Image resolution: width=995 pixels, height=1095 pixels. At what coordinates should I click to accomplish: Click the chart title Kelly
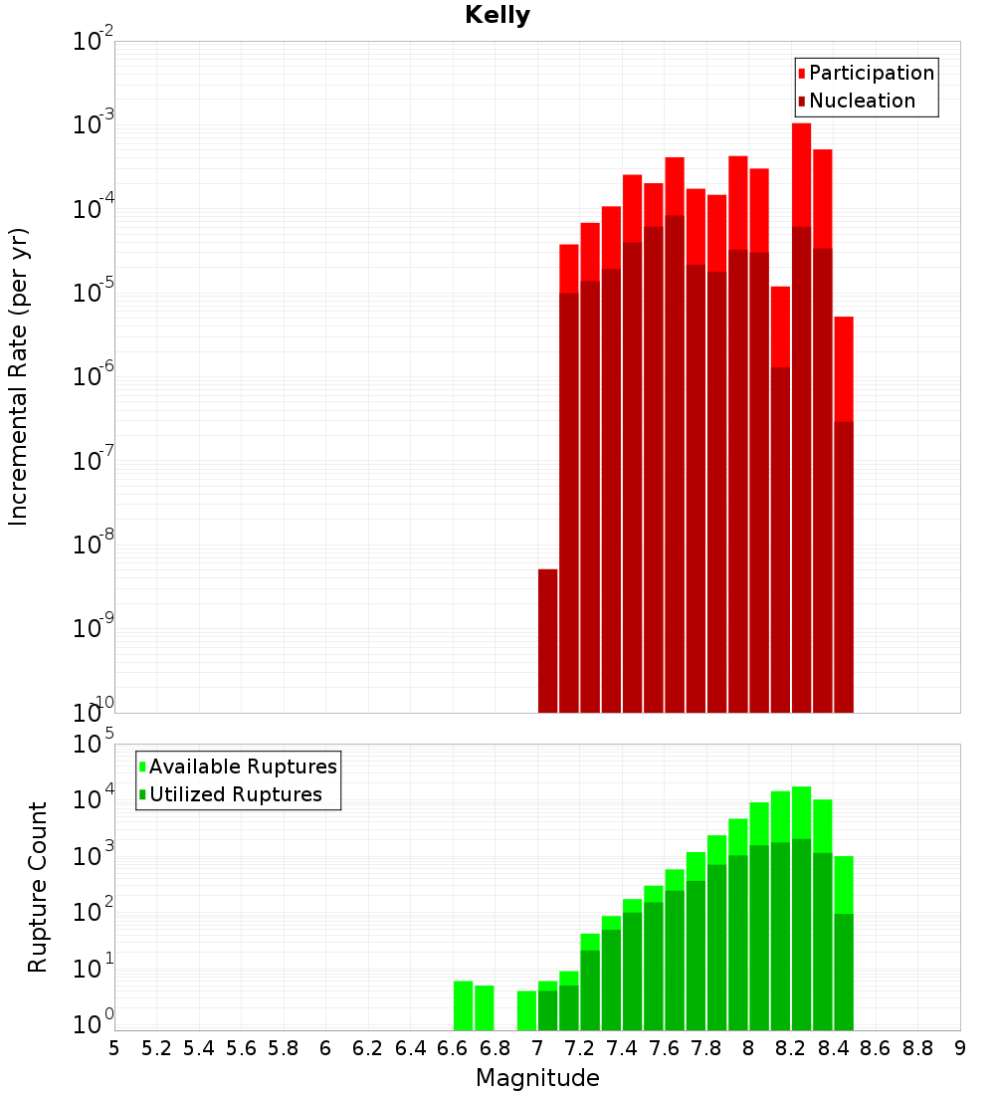coord(497,16)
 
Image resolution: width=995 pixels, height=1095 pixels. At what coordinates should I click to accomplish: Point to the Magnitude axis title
coord(537,1078)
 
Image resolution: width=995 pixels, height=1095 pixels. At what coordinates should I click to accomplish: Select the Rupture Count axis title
coord(38,887)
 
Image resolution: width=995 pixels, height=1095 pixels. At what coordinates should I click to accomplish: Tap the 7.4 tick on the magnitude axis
coord(622,1048)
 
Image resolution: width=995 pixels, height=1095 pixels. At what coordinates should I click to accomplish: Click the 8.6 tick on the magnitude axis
coord(876,1048)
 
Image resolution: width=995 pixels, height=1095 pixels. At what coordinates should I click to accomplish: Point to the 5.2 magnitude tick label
coord(157,1048)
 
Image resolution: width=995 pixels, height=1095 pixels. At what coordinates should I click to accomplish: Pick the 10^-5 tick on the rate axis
coord(94,292)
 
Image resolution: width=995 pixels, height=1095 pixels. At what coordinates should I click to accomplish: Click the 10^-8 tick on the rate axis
coord(94,544)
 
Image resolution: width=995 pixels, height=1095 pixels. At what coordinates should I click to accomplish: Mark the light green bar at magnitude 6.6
coord(463,1005)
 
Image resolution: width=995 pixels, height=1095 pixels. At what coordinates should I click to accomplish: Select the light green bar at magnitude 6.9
coord(526,1010)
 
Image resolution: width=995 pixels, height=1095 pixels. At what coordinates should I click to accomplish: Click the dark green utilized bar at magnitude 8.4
coord(844,972)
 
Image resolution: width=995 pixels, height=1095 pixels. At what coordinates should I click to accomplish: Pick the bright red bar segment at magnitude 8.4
coord(844,368)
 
